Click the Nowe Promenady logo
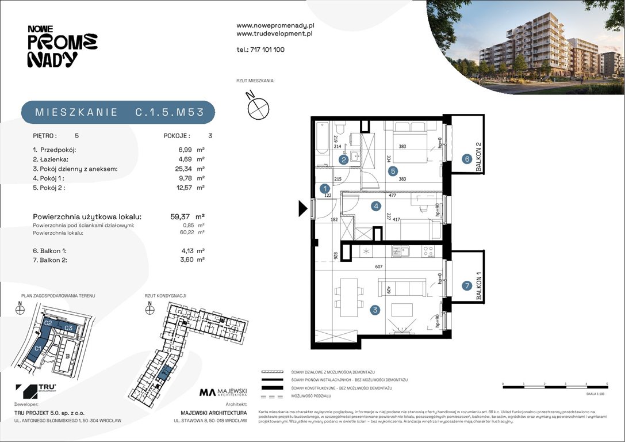(x=62, y=46)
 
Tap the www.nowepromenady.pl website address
(x=275, y=25)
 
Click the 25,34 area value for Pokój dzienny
(x=185, y=169)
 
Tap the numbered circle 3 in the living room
(x=375, y=310)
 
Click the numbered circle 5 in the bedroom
(x=392, y=170)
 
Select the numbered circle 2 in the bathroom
(x=344, y=160)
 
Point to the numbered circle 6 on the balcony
(x=467, y=159)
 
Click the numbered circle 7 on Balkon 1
(x=467, y=285)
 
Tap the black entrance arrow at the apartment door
(x=303, y=208)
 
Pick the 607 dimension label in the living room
(x=378, y=266)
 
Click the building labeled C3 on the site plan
(x=67, y=327)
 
